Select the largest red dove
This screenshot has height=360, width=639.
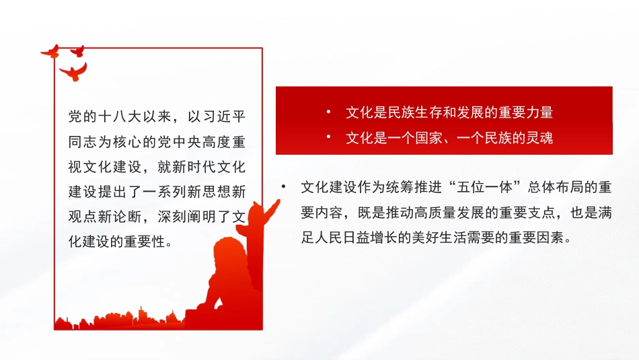click(73, 71)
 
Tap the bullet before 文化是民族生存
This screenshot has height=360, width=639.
click(328, 112)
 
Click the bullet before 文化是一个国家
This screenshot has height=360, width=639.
click(328, 137)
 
